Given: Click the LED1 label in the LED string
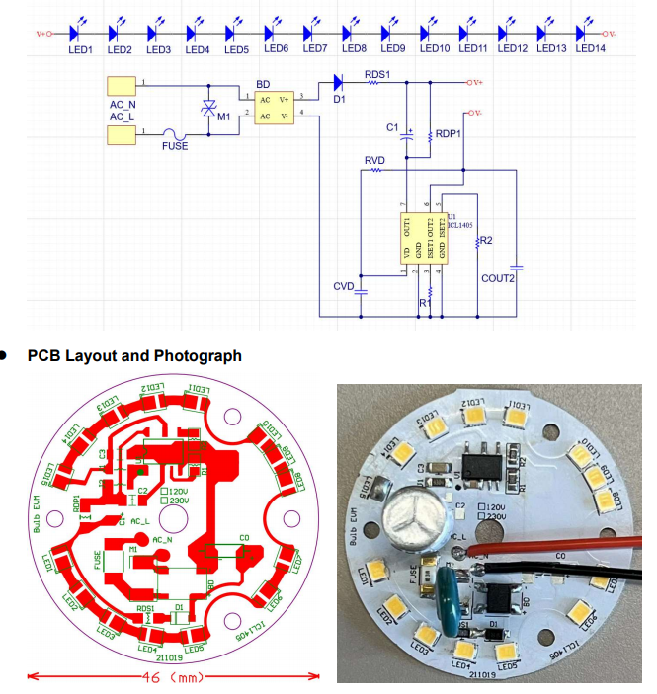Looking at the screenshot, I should pos(81,49).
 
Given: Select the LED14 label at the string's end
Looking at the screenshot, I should pos(591,49).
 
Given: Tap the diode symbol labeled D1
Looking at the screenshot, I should pos(339,82).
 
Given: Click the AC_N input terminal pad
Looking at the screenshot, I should pos(121,86).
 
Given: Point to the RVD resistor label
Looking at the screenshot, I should pos(374,160).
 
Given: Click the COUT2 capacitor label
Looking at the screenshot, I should pos(498,278).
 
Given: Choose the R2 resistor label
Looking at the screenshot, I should pos(485,241).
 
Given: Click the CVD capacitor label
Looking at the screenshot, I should pos(344,286).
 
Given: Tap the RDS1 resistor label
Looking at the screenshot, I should pos(377,75).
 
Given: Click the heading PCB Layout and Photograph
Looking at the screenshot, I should pos(134,355).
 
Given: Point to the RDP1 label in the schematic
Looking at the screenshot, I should pos(450,134).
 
